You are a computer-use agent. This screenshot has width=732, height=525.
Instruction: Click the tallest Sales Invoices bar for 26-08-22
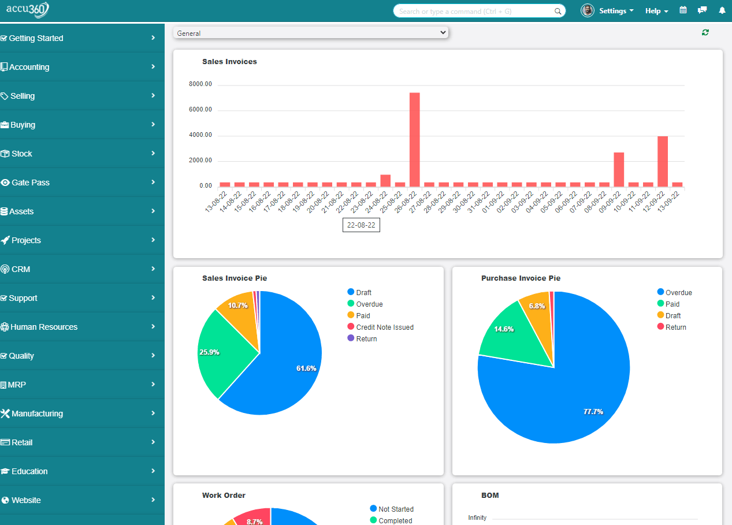coord(414,139)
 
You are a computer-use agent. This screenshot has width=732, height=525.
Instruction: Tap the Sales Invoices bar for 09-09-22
coord(619,169)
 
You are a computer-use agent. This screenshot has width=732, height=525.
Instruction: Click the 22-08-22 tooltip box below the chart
coord(361,225)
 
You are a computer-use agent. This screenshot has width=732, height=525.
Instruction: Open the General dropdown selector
coord(311,33)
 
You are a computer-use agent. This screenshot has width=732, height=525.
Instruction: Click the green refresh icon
coord(705,32)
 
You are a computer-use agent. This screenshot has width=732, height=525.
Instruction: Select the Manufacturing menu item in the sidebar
coord(37,414)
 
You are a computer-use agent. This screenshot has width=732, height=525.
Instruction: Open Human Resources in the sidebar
coord(44,327)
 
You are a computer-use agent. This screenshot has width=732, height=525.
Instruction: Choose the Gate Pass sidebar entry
coord(30,183)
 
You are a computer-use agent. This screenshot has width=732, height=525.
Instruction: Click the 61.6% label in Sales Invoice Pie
coord(306,368)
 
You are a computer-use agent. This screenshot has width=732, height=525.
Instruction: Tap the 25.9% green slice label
coord(209,352)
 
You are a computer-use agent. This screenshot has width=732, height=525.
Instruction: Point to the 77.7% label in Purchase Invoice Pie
coord(593,412)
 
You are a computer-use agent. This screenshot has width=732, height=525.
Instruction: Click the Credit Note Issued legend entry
coord(384,327)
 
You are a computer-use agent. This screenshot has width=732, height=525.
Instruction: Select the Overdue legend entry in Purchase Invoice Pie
coord(678,293)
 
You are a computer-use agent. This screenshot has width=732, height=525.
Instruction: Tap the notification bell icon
coord(722,10)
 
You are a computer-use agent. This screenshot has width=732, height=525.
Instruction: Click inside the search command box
coord(474,11)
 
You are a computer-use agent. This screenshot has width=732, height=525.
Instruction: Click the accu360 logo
coord(28,10)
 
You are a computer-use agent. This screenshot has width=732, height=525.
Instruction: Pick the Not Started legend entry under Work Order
coord(395,509)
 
